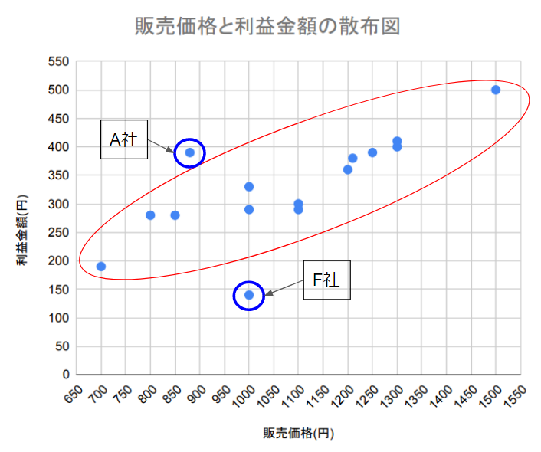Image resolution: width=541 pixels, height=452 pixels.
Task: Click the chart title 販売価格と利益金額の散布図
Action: pyautogui.click(x=267, y=26)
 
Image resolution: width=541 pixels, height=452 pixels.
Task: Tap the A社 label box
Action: pyautogui.click(x=124, y=139)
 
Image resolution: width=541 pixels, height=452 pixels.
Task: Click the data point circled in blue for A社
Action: pyautogui.click(x=190, y=152)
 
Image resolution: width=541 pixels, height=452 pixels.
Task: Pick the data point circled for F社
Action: pyautogui.click(x=249, y=295)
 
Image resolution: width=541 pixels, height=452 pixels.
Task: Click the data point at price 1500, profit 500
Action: pyautogui.click(x=496, y=90)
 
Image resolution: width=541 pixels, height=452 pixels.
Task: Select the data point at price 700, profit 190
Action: pyautogui.click(x=101, y=267)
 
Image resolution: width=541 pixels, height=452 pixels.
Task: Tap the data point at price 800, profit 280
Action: pyautogui.click(x=150, y=215)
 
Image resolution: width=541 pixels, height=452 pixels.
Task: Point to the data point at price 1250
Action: pyautogui.click(x=372, y=152)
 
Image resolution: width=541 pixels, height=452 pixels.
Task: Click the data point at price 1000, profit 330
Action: pyautogui.click(x=249, y=187)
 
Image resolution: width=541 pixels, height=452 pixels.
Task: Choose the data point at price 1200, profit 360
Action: pyautogui.click(x=348, y=169)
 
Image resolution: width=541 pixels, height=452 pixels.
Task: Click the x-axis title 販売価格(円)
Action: pyautogui.click(x=299, y=433)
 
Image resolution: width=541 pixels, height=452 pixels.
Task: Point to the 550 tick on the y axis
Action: pyautogui.click(x=57, y=61)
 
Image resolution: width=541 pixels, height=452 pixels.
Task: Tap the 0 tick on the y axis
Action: pyautogui.click(x=65, y=375)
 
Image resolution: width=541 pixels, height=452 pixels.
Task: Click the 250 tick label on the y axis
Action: pyautogui.click(x=57, y=233)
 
